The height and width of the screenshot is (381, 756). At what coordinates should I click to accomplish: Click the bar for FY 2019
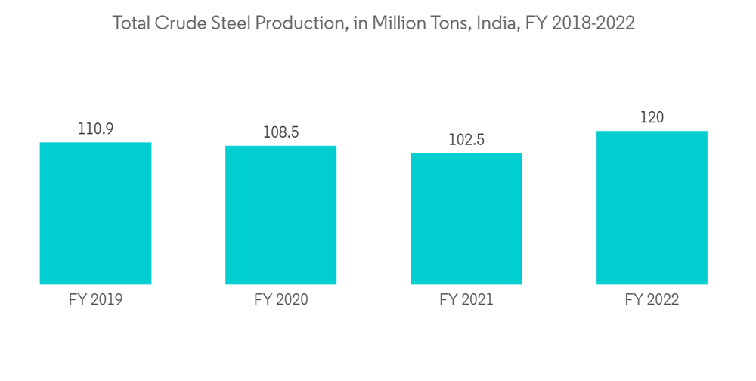[95, 213]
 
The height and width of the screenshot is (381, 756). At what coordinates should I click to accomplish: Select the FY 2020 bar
[280, 215]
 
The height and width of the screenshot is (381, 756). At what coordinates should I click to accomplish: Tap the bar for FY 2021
[466, 218]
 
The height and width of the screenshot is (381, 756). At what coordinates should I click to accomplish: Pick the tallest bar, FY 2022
[652, 207]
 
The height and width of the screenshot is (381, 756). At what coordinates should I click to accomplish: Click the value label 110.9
[95, 129]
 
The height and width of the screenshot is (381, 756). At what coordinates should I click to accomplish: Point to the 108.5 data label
[280, 132]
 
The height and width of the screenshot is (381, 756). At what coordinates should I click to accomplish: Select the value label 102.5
[466, 140]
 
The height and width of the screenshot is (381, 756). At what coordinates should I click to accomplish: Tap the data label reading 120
[652, 117]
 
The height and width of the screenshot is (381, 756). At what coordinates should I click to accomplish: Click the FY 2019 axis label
[95, 300]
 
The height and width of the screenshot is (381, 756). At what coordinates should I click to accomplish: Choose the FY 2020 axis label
[280, 300]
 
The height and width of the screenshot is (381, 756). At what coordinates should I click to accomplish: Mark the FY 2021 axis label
[466, 300]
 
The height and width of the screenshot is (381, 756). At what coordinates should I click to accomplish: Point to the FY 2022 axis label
[652, 300]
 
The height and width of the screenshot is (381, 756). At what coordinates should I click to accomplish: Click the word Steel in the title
[226, 23]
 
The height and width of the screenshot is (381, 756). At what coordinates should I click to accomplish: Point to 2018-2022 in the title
[593, 23]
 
